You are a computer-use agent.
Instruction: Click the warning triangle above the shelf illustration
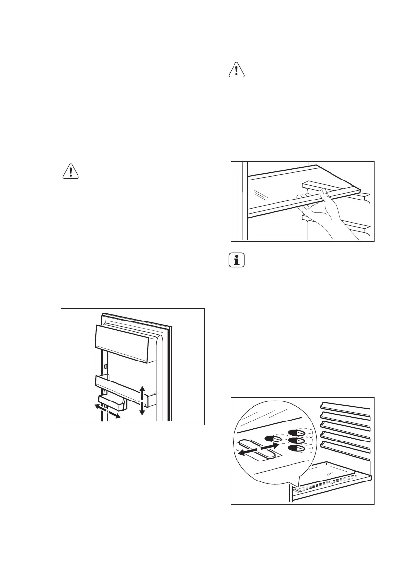pyautogui.click(x=236, y=70)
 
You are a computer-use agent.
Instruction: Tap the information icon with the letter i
pyautogui.click(x=237, y=260)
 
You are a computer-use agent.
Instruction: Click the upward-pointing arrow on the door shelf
pyautogui.click(x=142, y=391)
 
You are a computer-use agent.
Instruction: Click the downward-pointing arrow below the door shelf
pyautogui.click(x=142, y=409)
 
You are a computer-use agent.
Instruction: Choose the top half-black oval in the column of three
pyautogui.click(x=295, y=433)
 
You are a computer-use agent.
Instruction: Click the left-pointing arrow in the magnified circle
pyautogui.click(x=246, y=453)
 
